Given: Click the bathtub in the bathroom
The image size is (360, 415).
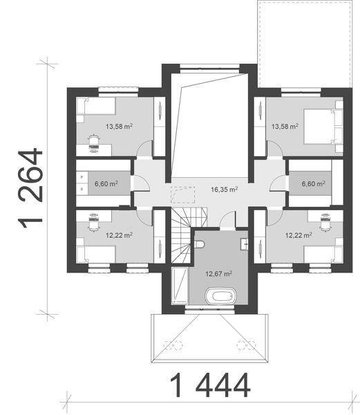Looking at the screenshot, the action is point(221,296).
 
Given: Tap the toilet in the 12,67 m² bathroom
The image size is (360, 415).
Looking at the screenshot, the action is point(199,244).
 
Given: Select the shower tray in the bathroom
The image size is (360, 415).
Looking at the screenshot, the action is point(180,286).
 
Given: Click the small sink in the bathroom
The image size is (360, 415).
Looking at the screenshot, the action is point(244,244).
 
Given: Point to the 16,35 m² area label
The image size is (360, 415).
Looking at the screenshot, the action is point(224,190).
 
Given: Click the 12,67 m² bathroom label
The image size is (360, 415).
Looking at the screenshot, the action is point(219,273).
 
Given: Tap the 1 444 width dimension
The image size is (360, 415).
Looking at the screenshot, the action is point(209,386).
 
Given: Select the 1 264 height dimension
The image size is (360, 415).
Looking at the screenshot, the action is point(30,188).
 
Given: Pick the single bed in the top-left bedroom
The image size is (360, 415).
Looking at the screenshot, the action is point(96,106).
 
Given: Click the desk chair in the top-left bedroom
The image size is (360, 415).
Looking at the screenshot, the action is point(93,144).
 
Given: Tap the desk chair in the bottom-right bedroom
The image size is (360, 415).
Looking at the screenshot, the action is point(325,222).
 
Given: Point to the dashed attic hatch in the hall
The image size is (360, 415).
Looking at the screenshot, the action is point(182,195).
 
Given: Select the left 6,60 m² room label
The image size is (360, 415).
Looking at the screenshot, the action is point(106,183).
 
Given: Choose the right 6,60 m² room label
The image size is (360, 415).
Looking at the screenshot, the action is point(313,183).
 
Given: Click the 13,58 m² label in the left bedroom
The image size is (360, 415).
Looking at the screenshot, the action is point(119,127).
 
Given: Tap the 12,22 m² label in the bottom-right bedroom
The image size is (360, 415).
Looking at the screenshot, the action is point(299,235).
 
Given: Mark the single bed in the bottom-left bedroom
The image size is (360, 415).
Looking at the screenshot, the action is point(96,254).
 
